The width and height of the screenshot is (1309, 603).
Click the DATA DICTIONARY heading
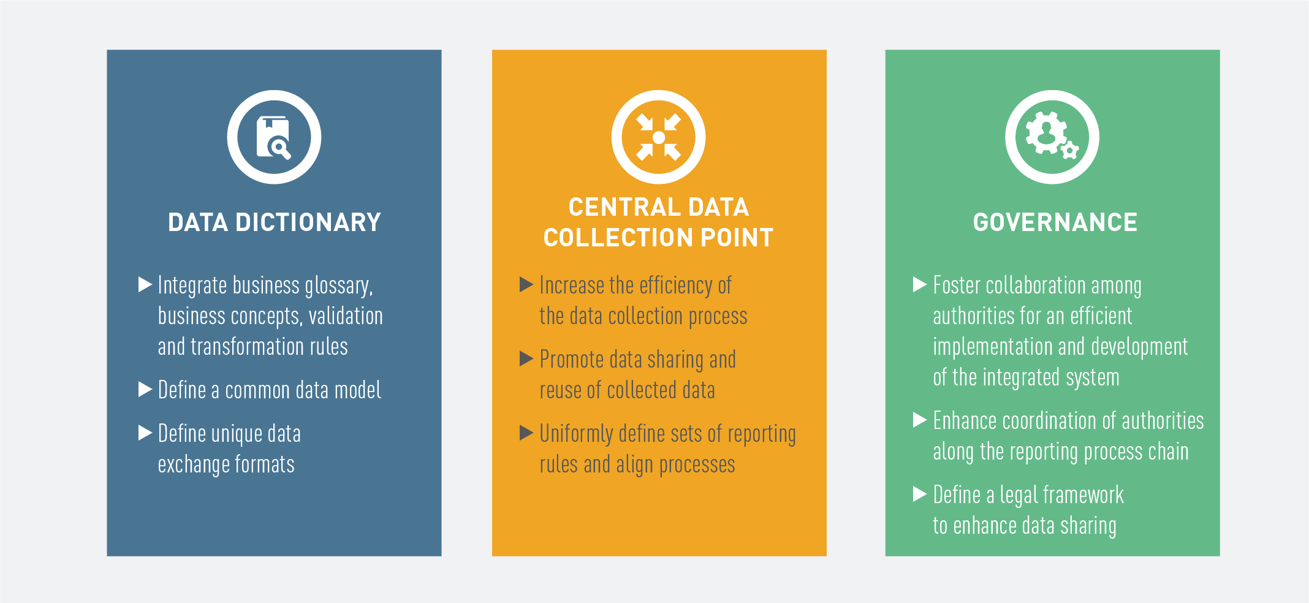click(x=275, y=222)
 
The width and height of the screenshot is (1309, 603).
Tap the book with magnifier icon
click(x=274, y=137)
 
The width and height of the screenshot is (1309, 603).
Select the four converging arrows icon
click(x=659, y=137)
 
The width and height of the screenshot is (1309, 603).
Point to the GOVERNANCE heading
click(x=1055, y=222)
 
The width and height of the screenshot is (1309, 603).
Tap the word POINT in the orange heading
click(x=737, y=238)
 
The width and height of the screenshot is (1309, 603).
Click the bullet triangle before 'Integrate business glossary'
click(x=145, y=284)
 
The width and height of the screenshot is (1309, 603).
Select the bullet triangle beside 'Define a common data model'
click(x=145, y=389)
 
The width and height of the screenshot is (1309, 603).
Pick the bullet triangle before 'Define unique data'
click(x=145, y=433)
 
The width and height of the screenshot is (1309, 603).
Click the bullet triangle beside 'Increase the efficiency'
click(x=526, y=284)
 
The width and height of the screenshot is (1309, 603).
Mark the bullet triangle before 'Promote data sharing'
click(x=526, y=358)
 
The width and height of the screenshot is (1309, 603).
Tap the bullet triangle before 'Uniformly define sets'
click(x=526, y=433)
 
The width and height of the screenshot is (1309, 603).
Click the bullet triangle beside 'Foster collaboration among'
click(x=920, y=284)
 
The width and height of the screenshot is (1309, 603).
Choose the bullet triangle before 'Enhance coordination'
click(x=920, y=420)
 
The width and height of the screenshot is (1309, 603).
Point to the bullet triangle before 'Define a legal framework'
click(x=920, y=494)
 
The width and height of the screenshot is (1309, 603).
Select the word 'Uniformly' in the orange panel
click(x=576, y=434)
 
